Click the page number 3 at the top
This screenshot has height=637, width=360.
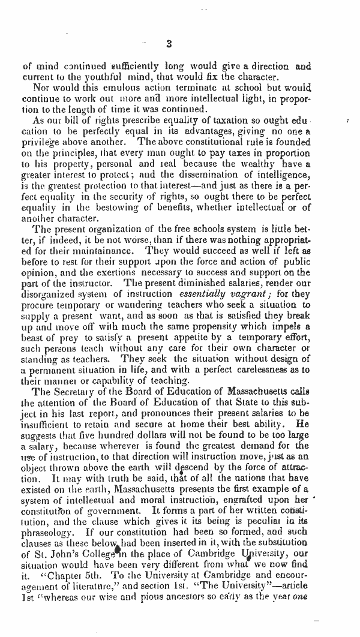pyautogui.click(x=169, y=43)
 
